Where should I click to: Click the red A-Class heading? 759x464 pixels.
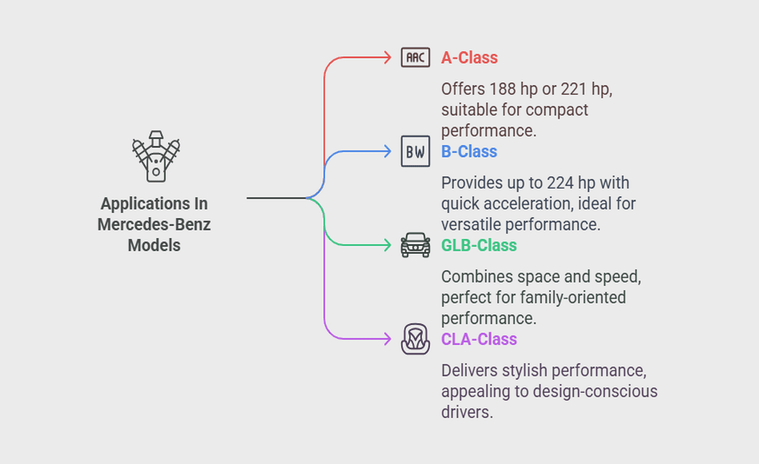[x=469, y=58]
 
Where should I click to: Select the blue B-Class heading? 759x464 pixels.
[x=469, y=152]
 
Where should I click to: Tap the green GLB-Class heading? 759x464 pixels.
[x=479, y=245]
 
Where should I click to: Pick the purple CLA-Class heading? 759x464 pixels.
[x=479, y=339]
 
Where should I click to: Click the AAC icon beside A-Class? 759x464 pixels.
[x=415, y=58]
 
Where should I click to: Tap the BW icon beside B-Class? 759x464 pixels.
[x=415, y=152]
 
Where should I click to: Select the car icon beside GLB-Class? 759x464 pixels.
[x=415, y=245]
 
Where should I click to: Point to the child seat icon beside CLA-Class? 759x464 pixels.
[x=415, y=339]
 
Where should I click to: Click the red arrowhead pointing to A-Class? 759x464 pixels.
[x=388, y=58]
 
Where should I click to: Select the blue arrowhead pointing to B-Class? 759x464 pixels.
[x=388, y=152]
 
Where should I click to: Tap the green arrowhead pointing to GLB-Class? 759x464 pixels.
[x=388, y=245]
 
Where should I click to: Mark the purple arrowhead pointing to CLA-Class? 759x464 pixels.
[x=388, y=339]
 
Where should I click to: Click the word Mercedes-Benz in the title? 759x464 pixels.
[x=154, y=225]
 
